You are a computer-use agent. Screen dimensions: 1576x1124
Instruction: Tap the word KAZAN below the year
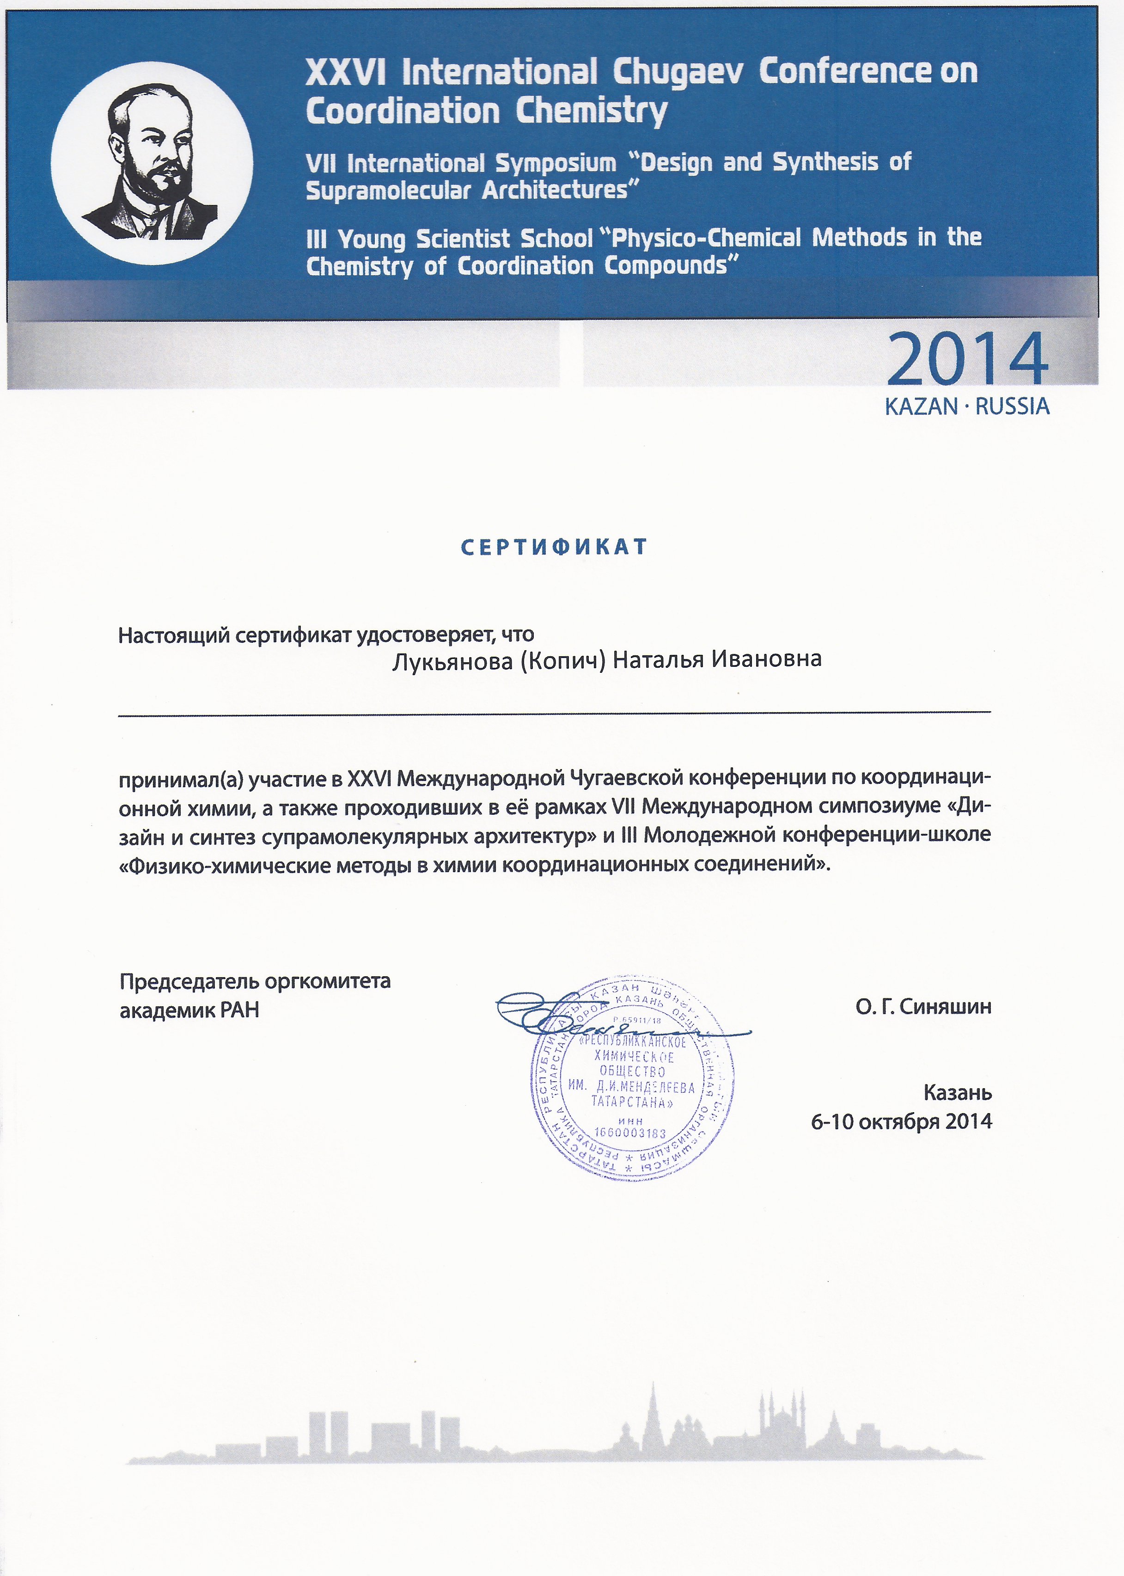(921, 406)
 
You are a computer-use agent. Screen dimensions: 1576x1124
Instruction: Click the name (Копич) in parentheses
(562, 660)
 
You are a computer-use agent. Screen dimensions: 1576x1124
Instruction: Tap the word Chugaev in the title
(678, 72)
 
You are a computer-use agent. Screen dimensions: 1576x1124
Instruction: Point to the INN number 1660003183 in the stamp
(630, 1133)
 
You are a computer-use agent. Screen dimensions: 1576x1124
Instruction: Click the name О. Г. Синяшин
(923, 1006)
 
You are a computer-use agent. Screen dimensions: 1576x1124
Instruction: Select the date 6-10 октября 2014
(901, 1122)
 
